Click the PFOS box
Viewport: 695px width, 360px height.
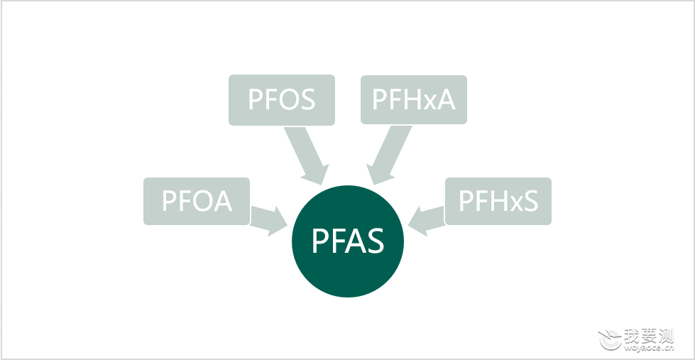click(281, 99)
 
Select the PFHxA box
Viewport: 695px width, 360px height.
click(414, 99)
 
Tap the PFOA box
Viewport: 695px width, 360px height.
click(197, 201)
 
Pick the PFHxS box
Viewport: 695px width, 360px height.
click(498, 201)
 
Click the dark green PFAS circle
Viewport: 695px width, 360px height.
click(348, 241)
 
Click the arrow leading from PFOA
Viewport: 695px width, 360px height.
click(269, 221)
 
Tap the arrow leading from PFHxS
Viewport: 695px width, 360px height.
click(426, 221)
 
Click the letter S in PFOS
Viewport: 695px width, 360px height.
click(306, 99)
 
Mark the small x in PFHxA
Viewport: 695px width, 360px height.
click(427, 102)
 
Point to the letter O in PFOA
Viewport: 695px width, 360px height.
click(202, 201)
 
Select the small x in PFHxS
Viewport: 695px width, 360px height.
click(514, 204)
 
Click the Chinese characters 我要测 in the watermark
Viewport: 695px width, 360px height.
click(648, 336)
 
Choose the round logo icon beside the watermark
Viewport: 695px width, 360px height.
click(610, 339)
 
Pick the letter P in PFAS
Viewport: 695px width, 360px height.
click(319, 241)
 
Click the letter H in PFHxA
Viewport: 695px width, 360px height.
click(410, 99)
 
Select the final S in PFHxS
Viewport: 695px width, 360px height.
click(530, 201)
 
